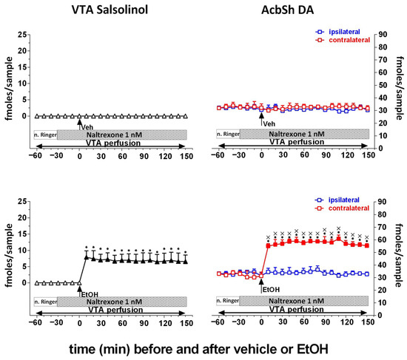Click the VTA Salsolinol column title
click(110, 10)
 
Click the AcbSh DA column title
click(287, 10)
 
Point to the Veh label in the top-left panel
click(87, 127)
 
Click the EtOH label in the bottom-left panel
click(90, 295)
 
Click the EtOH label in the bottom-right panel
click(272, 290)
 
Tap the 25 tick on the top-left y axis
click(22, 35)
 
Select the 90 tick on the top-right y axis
click(383, 35)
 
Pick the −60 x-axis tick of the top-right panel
click(218, 155)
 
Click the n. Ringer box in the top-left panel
click(46, 135)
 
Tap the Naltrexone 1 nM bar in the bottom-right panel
click(303, 301)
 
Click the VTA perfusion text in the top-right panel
click(297, 142)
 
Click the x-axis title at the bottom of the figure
click(198, 349)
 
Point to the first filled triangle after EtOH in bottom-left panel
click(87, 257)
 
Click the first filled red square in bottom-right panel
click(269, 246)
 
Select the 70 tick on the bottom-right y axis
click(383, 227)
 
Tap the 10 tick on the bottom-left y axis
click(22, 251)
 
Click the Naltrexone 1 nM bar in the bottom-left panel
click(122, 302)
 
